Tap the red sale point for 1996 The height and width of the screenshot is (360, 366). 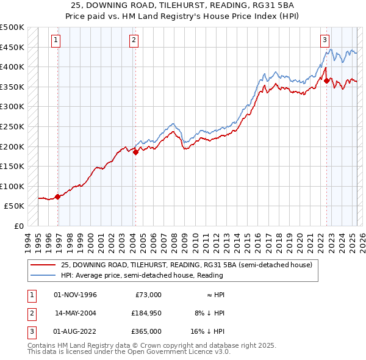(57, 196)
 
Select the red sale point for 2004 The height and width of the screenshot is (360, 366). (135, 153)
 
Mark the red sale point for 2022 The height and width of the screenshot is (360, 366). (327, 81)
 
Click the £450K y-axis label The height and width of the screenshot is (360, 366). (12, 47)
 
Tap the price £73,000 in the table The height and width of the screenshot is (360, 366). (148, 295)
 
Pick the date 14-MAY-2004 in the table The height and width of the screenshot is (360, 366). (76, 313)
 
